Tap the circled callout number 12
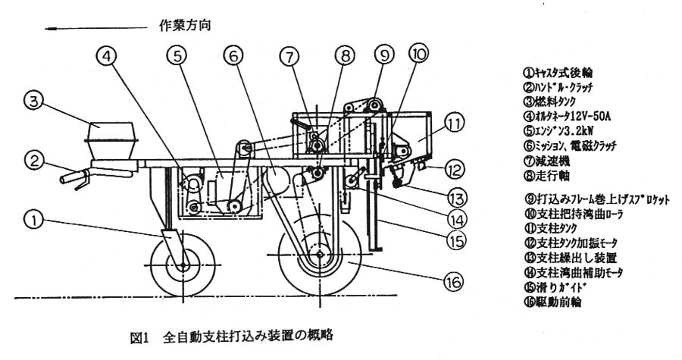point(452,167)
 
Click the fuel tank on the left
point(111,140)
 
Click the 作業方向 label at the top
point(184,24)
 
